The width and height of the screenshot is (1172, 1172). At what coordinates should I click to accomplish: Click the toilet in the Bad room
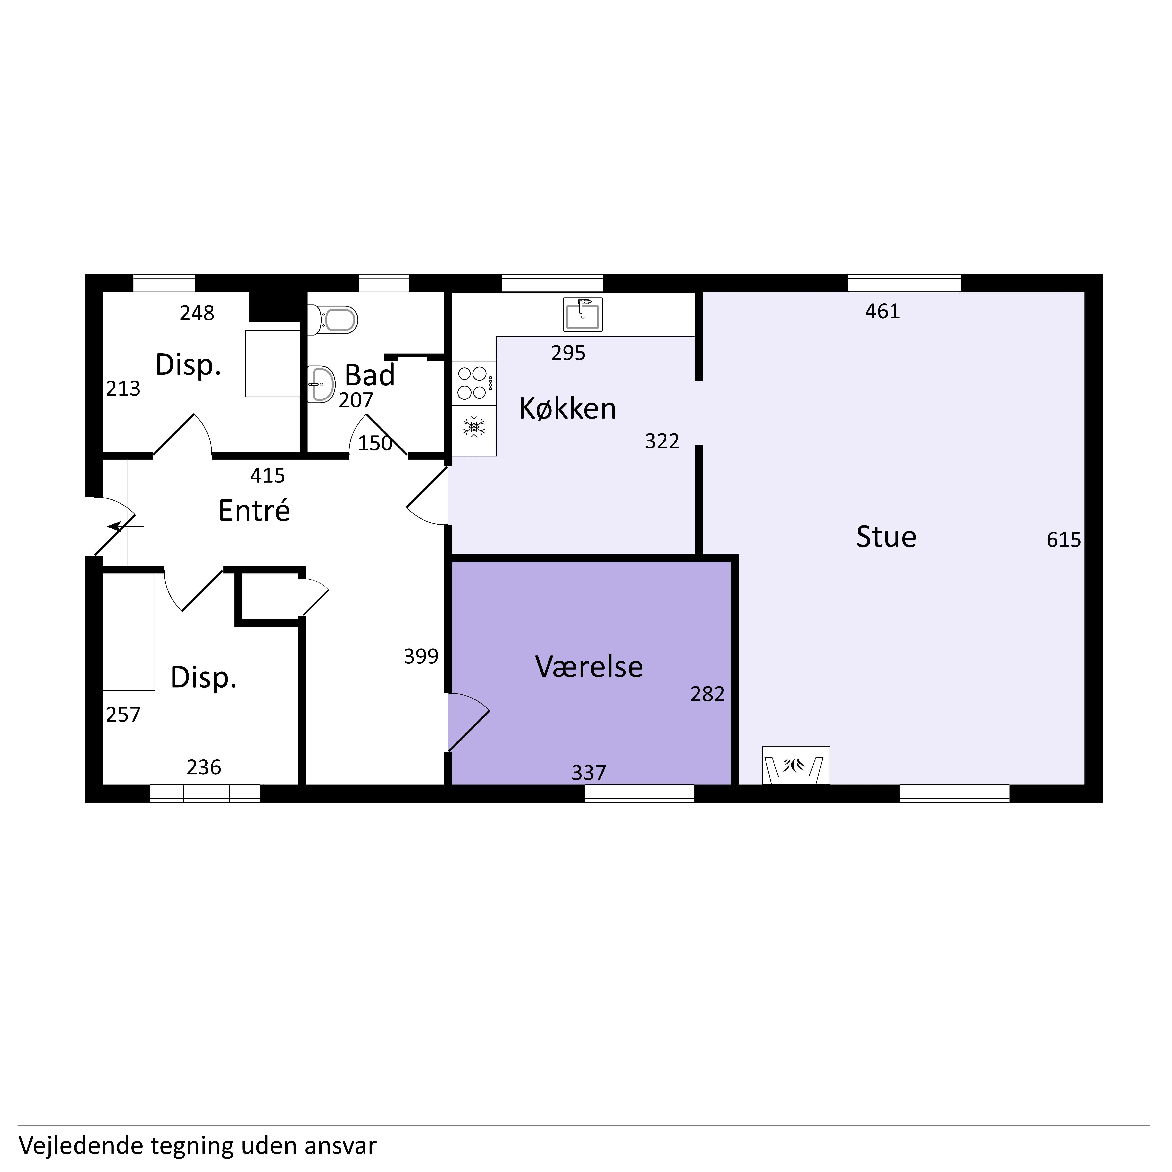332,320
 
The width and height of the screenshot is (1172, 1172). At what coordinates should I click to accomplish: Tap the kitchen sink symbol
582,314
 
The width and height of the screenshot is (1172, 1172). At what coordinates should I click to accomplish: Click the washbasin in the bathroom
321,384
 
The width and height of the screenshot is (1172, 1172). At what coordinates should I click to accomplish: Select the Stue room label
886,537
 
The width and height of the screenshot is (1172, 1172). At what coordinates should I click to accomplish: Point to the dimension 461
883,311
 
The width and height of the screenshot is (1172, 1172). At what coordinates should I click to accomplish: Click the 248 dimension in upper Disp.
197,313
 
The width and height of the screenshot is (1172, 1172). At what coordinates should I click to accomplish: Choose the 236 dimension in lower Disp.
204,767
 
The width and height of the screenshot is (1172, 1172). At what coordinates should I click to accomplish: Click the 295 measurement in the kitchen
568,353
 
